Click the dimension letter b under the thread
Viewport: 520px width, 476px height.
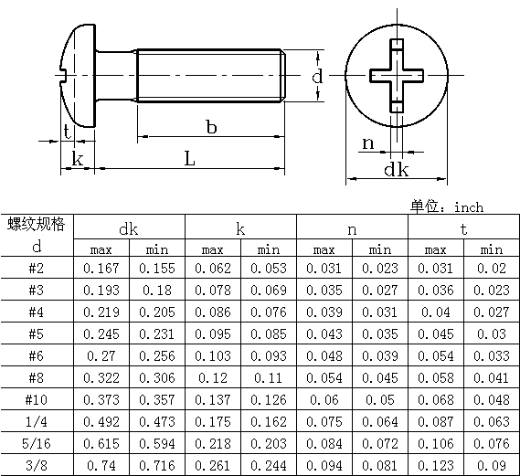point(211,127)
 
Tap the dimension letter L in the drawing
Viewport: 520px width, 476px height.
point(190,158)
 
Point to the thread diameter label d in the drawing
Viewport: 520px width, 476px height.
point(317,76)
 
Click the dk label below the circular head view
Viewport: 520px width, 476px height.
point(397,169)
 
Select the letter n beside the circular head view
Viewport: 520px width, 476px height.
point(367,143)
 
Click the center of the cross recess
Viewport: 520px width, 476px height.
point(397,75)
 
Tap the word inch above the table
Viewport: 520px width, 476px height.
point(469,207)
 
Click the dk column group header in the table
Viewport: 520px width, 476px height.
point(128,229)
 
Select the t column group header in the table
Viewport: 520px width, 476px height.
point(463,229)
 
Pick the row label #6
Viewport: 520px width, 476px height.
point(37,355)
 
